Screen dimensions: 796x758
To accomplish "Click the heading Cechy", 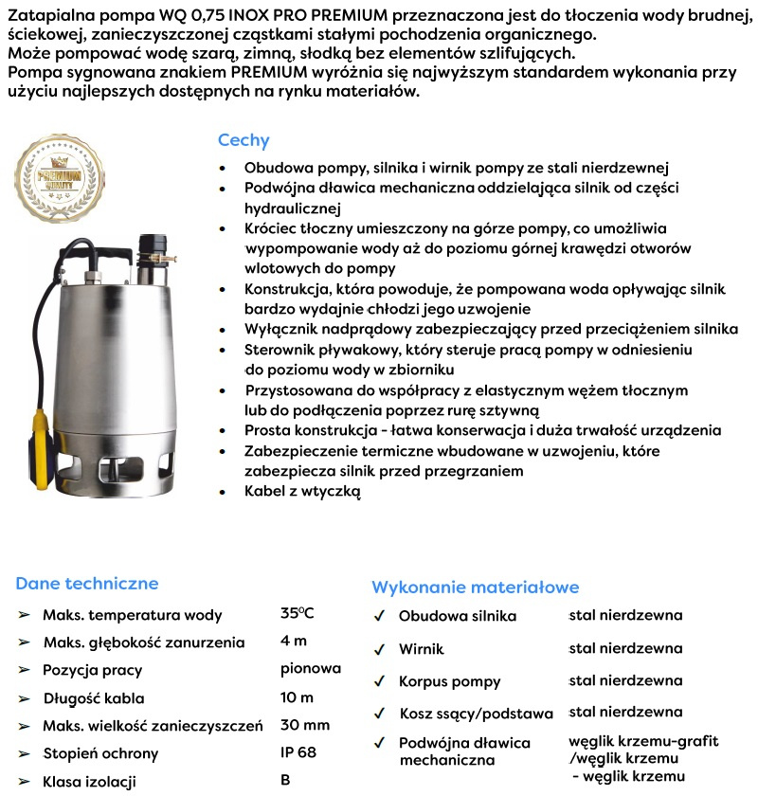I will pos(244,140).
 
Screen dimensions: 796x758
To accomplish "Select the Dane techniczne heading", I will pos(87,584).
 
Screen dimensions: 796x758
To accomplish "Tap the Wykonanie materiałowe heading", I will pos(475,588).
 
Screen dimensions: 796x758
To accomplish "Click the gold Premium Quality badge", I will pos(59,181).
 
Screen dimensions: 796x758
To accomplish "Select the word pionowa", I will pos(311,668).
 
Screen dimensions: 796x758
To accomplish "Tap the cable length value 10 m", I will pos(297,697).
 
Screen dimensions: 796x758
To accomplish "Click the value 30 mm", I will pos(305,725).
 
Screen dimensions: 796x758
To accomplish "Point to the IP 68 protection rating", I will pos(298,753).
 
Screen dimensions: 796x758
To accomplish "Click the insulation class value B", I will pos(285,781).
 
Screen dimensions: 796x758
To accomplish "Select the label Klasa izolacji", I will pos(90,782).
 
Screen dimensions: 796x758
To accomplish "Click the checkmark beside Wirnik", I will pos(379,650).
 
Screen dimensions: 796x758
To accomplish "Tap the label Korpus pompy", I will pos(450,681).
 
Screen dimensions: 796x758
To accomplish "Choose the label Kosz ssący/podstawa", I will pos(477,714).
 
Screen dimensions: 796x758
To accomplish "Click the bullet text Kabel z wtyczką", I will pos(302,492).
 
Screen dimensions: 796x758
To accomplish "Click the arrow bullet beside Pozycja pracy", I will pos(24,670).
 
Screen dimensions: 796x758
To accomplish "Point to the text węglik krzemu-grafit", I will pos(643,741).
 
